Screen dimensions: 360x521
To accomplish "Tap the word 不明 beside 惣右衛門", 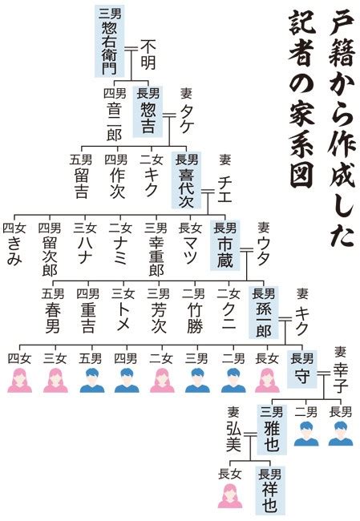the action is [x=148, y=55].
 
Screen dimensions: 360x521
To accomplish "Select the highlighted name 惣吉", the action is [x=148, y=118].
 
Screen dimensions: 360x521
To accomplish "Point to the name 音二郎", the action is [x=114, y=121].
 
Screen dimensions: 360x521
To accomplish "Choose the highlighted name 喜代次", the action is [x=186, y=188].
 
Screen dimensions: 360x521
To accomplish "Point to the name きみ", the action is [x=14, y=252].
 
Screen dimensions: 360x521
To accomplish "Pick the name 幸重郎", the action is [x=156, y=256].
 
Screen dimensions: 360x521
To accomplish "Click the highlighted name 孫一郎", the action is [x=263, y=321].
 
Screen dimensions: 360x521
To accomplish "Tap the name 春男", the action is [x=53, y=318].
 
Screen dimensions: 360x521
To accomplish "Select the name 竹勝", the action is [x=195, y=318].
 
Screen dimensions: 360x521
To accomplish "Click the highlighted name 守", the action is [x=301, y=377].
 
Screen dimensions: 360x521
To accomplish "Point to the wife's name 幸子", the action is [x=341, y=378].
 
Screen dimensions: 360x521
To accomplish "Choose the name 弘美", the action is [x=233, y=438].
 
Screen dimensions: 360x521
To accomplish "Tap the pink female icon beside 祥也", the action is [x=230, y=495].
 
